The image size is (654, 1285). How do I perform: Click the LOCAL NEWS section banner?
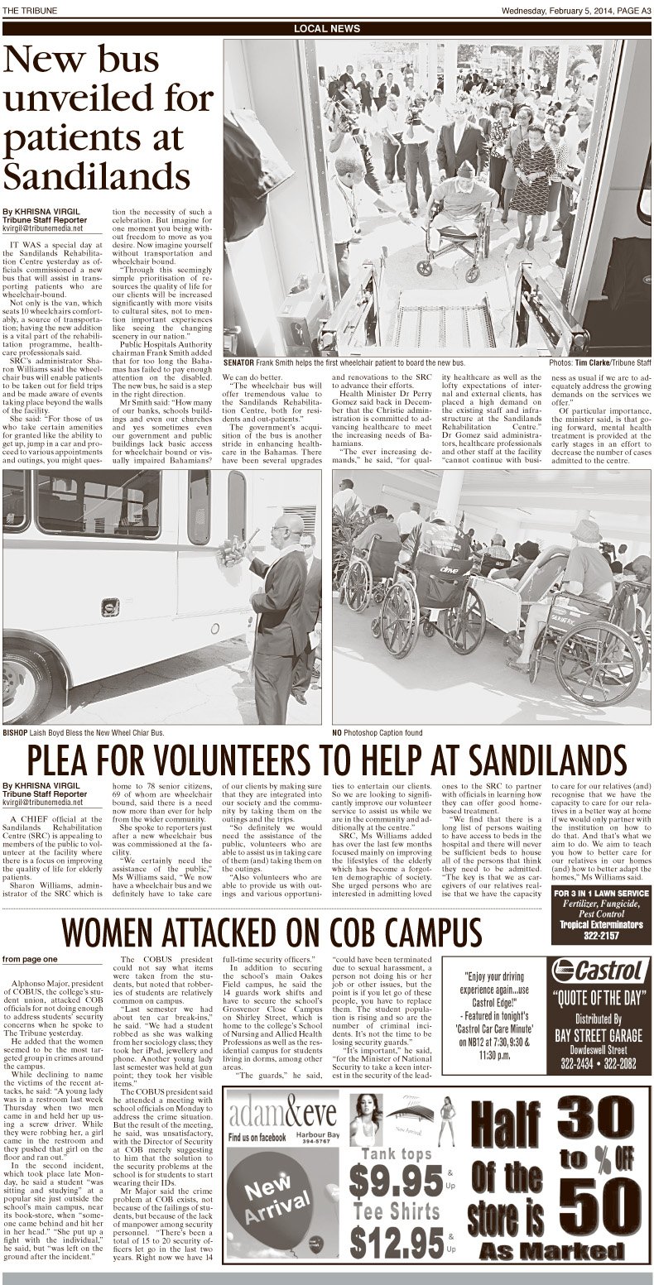[327, 29]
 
